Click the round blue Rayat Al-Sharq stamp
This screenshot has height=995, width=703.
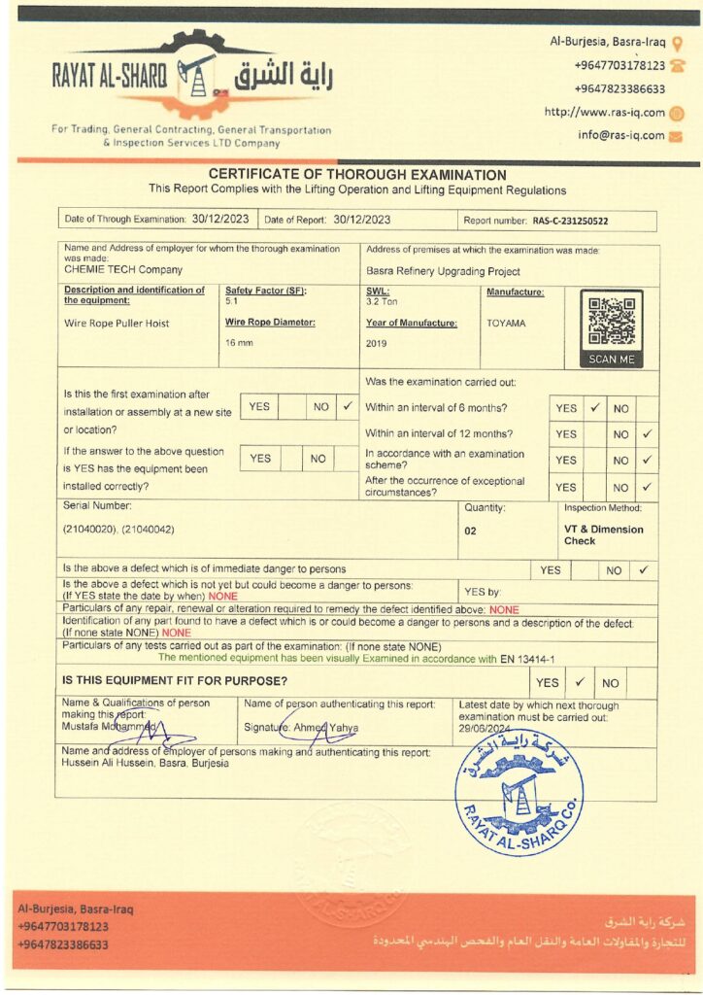(519, 792)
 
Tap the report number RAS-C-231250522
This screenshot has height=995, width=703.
(570, 222)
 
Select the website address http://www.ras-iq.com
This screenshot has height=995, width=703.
(604, 113)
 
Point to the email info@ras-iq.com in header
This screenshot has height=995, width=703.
(621, 136)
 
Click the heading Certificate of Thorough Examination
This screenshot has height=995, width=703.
(356, 175)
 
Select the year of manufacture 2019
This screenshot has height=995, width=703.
(377, 344)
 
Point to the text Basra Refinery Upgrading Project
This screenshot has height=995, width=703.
(443, 271)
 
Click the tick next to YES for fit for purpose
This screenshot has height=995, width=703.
(578, 682)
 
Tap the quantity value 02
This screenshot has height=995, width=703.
(470, 532)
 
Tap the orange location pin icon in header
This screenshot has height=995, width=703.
(677, 43)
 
